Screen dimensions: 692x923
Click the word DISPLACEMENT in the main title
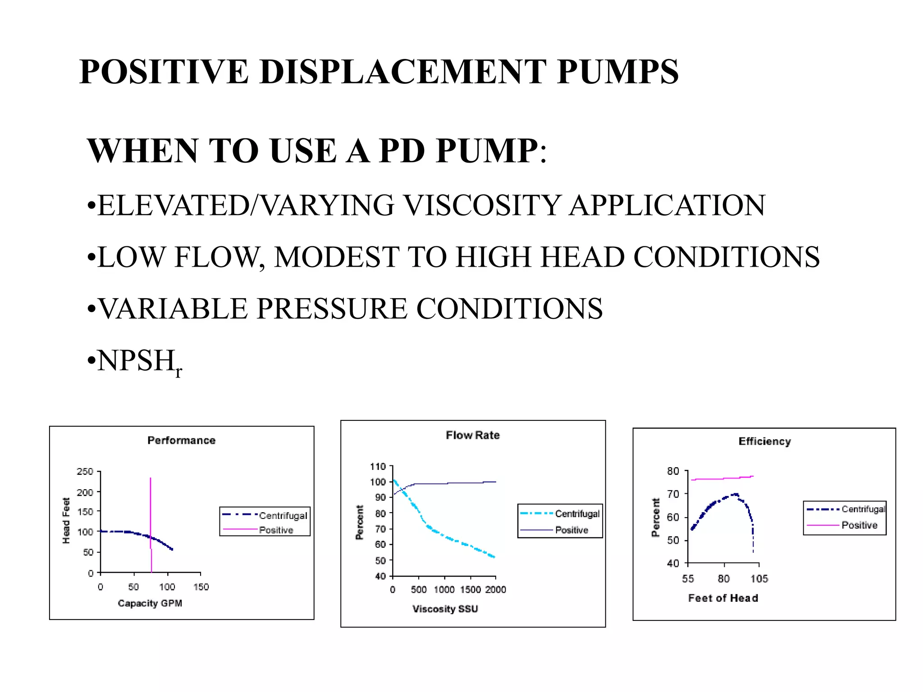coord(402,72)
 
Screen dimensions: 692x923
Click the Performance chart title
coord(181,441)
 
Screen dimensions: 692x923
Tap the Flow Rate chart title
coord(473,435)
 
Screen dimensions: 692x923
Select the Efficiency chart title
coord(764,442)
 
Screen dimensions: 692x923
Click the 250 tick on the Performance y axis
coord(85,472)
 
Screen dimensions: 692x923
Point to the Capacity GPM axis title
coord(150,603)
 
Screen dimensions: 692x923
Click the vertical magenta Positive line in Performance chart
coord(151,505)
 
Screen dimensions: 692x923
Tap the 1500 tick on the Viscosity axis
coord(471,590)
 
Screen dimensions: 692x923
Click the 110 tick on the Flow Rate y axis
coord(378,467)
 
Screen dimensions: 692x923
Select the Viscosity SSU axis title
coord(445,609)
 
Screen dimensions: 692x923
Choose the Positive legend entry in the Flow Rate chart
coord(571,530)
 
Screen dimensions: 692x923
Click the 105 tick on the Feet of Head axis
coord(759,579)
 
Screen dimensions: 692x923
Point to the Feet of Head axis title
coord(723,598)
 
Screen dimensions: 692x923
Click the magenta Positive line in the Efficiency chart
coord(721,478)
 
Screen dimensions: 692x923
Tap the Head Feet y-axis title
coord(66,520)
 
